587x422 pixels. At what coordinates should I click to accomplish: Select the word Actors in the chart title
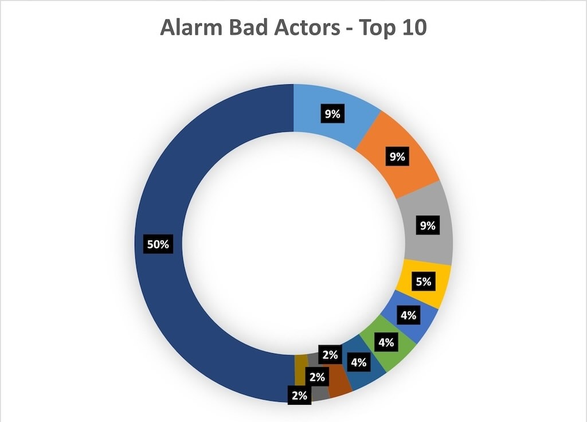(307, 28)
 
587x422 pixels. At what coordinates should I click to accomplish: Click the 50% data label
(158, 244)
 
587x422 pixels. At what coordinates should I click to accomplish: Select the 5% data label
(424, 281)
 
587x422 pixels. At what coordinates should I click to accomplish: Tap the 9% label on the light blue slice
(332, 114)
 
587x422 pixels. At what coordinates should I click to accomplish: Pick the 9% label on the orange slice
(397, 156)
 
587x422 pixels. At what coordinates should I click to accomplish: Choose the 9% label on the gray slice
(428, 225)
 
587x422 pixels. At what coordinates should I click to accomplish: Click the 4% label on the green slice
(386, 342)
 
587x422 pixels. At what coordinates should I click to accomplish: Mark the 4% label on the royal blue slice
(408, 315)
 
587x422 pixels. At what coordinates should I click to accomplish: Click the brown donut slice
(339, 379)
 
